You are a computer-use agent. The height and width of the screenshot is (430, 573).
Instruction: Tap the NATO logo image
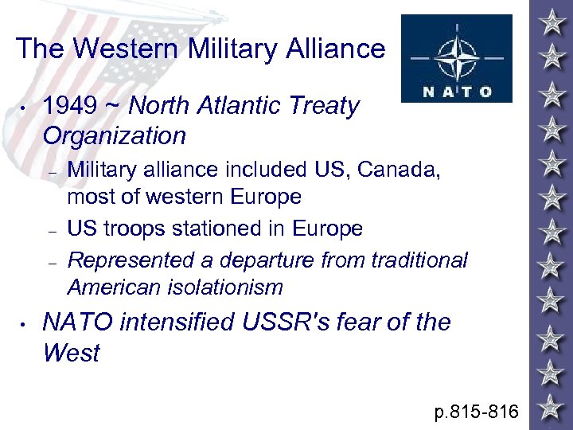[456, 58]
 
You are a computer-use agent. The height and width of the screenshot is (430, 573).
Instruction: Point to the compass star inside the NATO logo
[456, 49]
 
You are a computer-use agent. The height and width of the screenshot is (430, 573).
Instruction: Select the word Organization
[114, 135]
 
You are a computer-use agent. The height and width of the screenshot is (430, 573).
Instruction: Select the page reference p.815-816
[476, 412]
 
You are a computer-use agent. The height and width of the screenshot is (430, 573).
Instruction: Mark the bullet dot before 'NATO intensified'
[25, 324]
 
